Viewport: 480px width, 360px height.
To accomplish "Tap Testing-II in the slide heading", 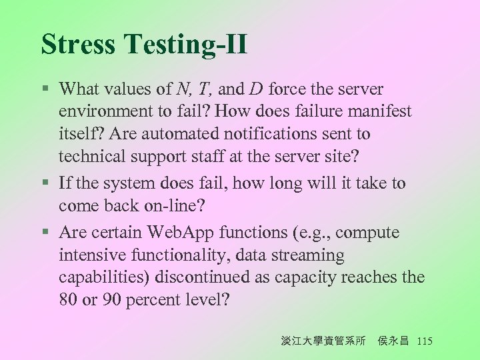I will (x=185, y=45).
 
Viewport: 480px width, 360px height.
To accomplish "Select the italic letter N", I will (x=183, y=89).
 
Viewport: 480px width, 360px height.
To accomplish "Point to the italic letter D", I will (x=256, y=89).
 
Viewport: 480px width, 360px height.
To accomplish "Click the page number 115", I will (x=424, y=341).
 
